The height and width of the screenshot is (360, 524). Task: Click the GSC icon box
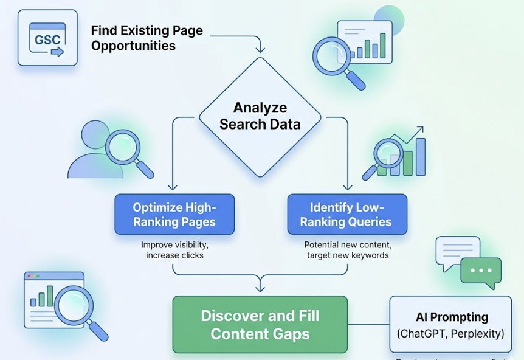(47, 38)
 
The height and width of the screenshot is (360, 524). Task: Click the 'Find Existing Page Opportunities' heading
(147, 38)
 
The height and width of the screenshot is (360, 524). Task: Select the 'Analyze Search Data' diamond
(260, 116)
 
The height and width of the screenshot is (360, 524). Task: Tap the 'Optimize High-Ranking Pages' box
(174, 215)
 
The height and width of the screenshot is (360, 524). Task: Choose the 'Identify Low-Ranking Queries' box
(347, 215)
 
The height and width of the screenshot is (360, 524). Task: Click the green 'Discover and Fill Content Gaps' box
(260, 325)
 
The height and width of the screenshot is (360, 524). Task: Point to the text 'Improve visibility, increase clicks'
(174, 250)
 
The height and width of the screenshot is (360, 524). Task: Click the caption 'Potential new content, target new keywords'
(347, 250)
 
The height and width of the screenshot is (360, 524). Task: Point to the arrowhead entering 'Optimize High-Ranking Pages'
(172, 187)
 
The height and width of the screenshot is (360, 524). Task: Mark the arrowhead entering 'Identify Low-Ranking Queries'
(348, 187)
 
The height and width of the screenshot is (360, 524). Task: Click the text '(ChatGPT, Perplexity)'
(450, 334)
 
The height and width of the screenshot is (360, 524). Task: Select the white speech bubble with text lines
(457, 251)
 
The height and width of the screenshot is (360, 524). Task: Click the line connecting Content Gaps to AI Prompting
(368, 324)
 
